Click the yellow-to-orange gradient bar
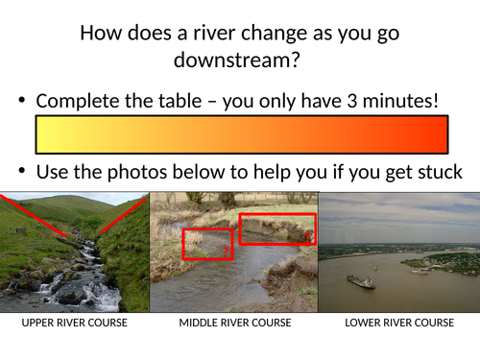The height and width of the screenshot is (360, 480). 241,134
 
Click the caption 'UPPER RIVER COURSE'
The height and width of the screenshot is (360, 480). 74,323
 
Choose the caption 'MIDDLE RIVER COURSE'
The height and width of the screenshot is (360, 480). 235,323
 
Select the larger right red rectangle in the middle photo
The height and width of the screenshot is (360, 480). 276,228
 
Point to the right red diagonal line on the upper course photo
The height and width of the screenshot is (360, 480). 122,217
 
